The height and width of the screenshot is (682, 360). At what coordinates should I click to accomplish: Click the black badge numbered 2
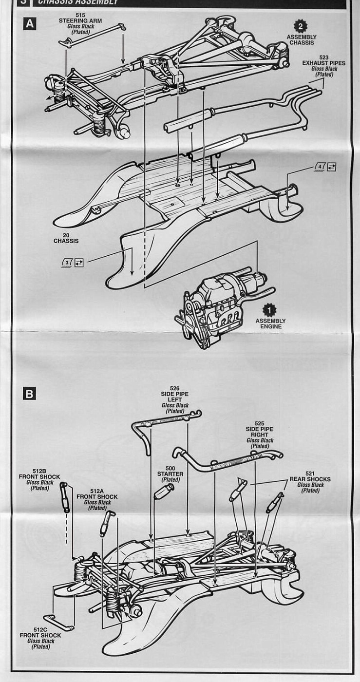coord(301,27)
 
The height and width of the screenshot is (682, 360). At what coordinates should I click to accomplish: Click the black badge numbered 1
coord(270,310)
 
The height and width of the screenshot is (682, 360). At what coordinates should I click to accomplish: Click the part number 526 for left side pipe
coord(174,389)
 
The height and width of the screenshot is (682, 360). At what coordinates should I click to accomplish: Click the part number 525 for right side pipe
coord(260,423)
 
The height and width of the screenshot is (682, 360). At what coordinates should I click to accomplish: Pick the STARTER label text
coord(170,474)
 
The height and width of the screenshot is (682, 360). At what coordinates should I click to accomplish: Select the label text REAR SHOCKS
coord(310,479)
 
